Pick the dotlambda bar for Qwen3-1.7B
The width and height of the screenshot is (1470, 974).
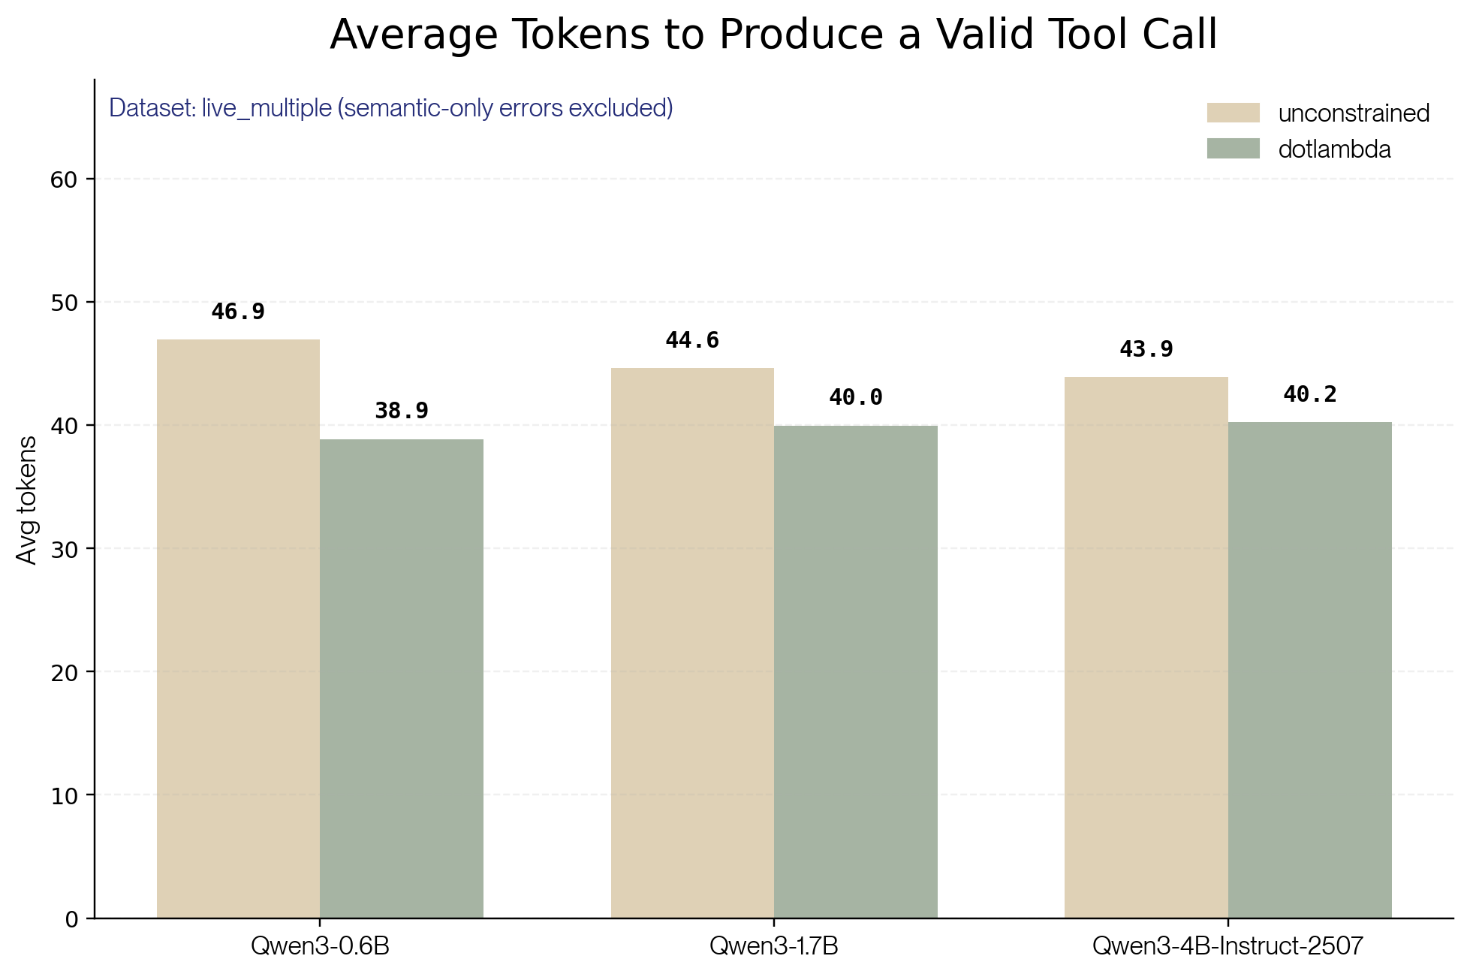tap(856, 671)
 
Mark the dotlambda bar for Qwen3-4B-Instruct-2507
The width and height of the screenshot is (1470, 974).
tap(1310, 670)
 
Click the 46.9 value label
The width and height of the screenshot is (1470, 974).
tap(238, 312)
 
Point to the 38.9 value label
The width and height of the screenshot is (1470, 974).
tap(402, 411)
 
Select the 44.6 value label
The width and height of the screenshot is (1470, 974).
tap(692, 340)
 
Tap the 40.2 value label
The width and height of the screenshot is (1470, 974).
tap(1310, 394)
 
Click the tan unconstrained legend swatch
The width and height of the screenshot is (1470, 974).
tap(1233, 113)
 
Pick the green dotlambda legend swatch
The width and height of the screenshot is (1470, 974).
tap(1233, 149)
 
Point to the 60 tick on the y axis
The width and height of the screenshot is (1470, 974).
tap(65, 179)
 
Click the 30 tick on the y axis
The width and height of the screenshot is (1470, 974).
tap(65, 549)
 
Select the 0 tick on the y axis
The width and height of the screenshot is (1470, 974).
tap(72, 918)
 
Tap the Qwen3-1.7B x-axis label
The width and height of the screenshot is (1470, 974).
tap(773, 945)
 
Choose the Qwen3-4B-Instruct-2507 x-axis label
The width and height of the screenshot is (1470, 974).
tap(1228, 945)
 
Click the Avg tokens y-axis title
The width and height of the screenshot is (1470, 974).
tap(27, 499)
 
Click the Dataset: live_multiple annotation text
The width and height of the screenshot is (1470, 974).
tap(390, 108)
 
